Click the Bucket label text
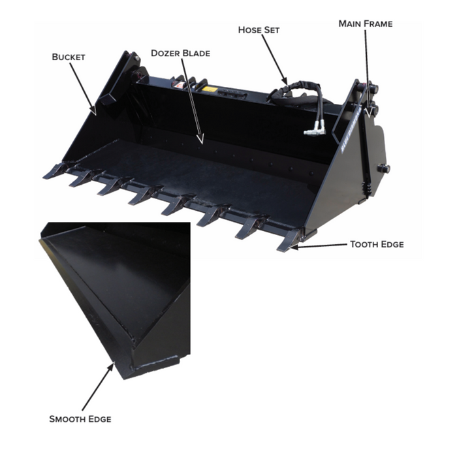click(x=69, y=57)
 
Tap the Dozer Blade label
click(x=180, y=54)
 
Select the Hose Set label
click(x=259, y=30)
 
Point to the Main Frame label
click(x=366, y=24)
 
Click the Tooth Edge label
click(x=377, y=244)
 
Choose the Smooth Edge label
click(x=80, y=419)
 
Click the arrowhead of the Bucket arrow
click(x=93, y=111)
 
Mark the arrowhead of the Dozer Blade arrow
click(x=200, y=139)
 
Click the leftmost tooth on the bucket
click(x=55, y=171)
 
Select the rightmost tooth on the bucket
click(x=288, y=241)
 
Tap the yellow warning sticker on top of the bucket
click(x=210, y=89)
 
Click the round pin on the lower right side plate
click(x=384, y=168)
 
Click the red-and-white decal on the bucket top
click(x=179, y=85)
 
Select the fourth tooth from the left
click(x=142, y=196)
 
